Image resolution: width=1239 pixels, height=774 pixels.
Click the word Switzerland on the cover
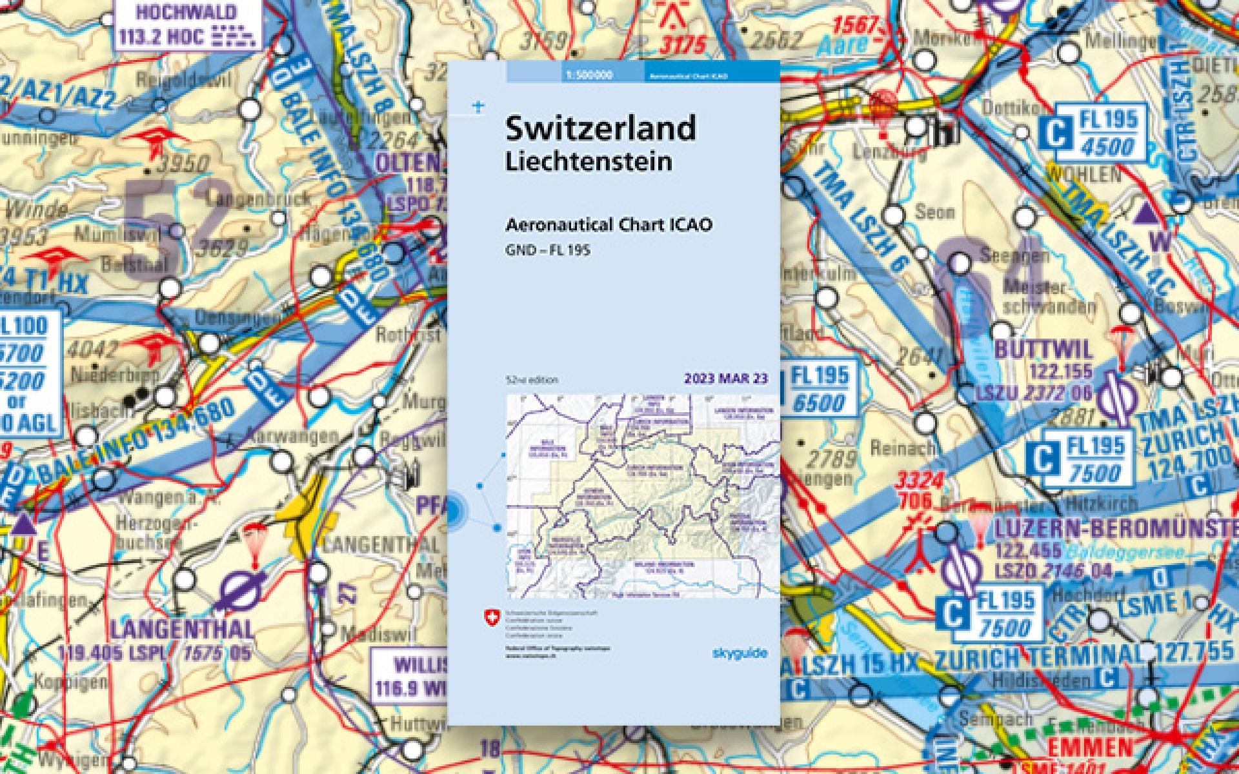click(x=600, y=128)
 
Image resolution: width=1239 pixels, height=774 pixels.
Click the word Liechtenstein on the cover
click(x=588, y=161)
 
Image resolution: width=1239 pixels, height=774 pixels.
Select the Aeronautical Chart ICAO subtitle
click(x=609, y=225)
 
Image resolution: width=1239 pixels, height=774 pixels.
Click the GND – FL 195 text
click(x=548, y=250)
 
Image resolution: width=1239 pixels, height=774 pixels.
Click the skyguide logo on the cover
click(x=740, y=653)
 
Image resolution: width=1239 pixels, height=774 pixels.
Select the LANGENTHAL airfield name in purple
click(x=182, y=628)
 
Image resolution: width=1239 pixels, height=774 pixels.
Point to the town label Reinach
click(x=894, y=447)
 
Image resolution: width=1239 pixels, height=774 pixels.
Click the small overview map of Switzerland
click(x=643, y=497)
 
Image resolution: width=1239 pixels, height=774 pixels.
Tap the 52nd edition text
click(x=532, y=379)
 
